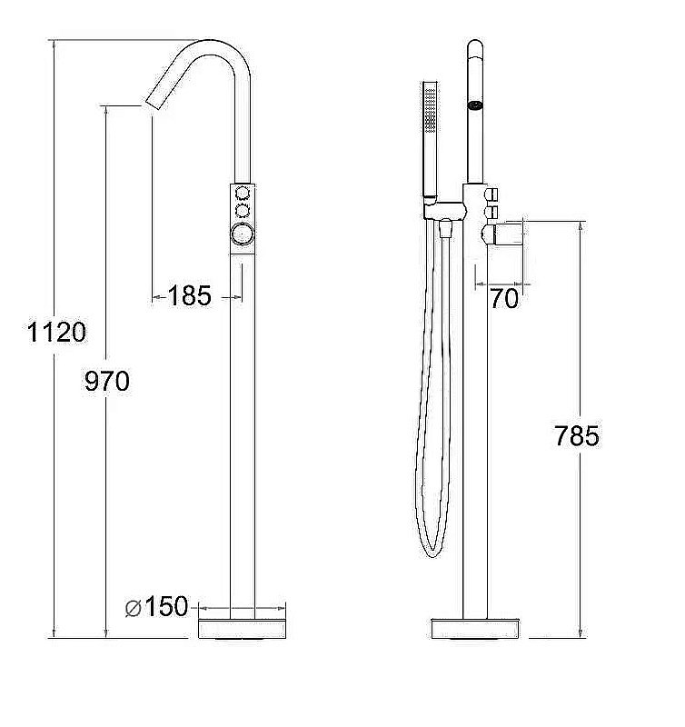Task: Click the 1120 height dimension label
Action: coord(56,332)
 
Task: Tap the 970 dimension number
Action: coord(107,381)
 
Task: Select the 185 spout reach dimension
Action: coord(190,295)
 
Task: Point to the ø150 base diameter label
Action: coord(156,606)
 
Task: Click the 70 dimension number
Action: coord(504,298)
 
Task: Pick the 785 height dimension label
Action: coord(577,436)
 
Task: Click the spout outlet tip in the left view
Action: coord(153,105)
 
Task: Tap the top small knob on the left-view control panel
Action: coord(243,192)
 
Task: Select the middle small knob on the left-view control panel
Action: coord(243,211)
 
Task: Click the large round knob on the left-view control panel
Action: coord(243,234)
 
